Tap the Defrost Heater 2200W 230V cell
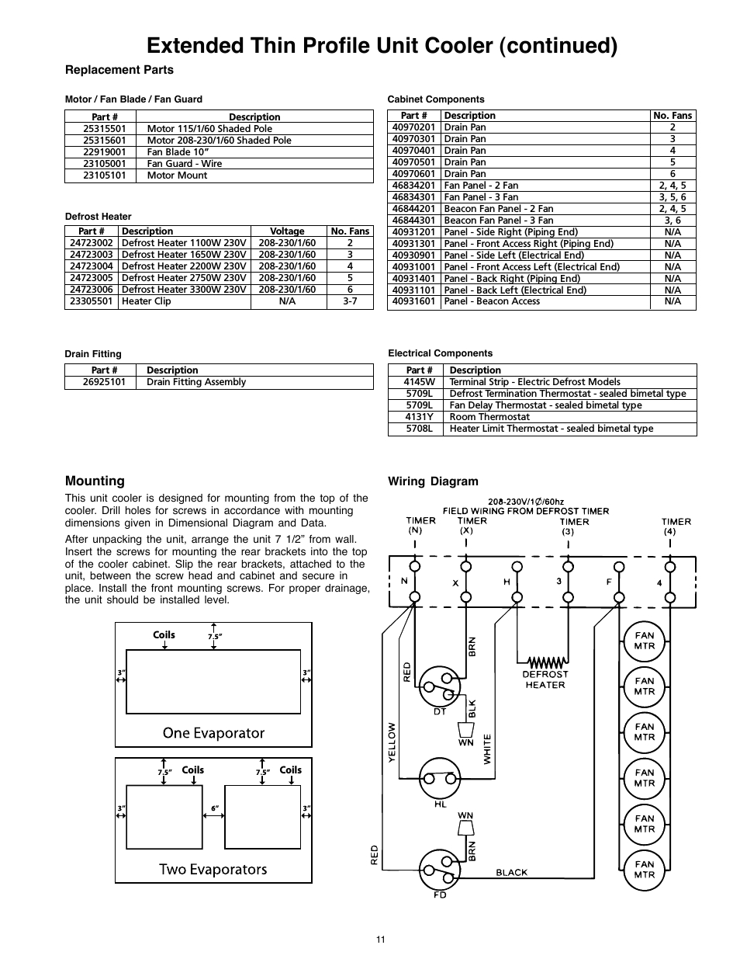click(x=184, y=266)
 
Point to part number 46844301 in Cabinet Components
click(x=413, y=221)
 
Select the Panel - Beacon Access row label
click(x=492, y=301)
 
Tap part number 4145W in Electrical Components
click(x=419, y=382)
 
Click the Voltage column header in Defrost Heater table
click(x=287, y=231)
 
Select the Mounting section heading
click(x=95, y=481)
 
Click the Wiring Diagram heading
click(x=433, y=481)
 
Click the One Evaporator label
click(x=213, y=733)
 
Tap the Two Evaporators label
click(x=213, y=869)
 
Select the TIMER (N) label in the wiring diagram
click(x=414, y=526)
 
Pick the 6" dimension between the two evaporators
click(x=214, y=808)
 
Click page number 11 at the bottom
click(x=380, y=940)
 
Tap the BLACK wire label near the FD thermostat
click(x=511, y=872)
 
